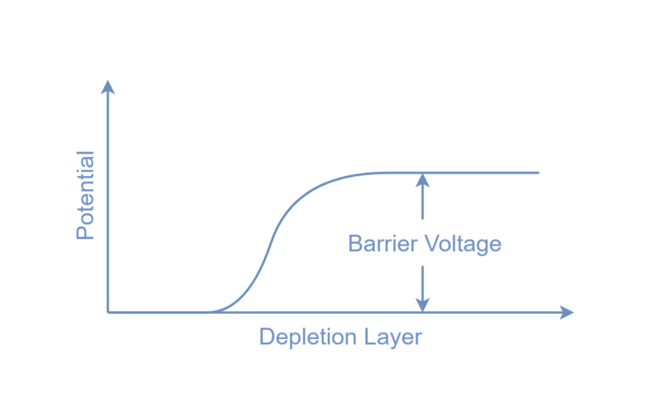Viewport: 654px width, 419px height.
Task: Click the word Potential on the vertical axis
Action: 85,195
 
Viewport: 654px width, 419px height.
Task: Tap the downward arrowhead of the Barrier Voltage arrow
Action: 422,304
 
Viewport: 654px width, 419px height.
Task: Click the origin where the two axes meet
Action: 109,311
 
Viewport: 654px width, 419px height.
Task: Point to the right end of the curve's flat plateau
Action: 539,172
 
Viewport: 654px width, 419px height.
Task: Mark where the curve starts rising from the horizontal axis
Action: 212,311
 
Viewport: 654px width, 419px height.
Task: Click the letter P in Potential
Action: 85,232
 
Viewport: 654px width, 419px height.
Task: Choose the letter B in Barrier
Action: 355,244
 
